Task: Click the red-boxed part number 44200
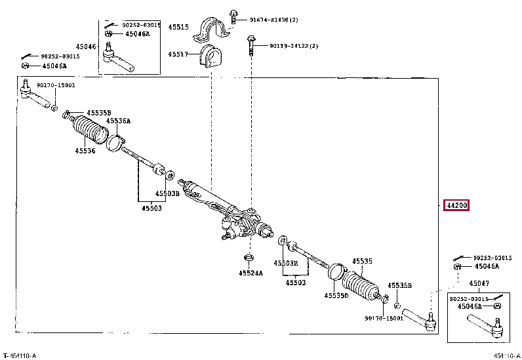tap(457, 205)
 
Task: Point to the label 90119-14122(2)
tap(293, 47)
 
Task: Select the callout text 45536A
tap(119, 121)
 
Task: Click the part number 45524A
tap(251, 273)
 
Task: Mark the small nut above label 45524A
tap(249, 256)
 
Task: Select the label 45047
tap(479, 283)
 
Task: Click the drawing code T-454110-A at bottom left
tap(19, 355)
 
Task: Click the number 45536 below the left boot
tap(85, 151)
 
